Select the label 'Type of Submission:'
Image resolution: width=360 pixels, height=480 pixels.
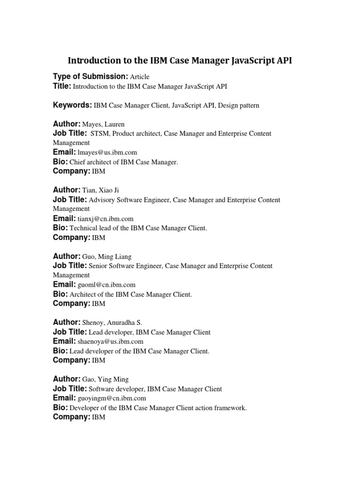(x=90, y=76)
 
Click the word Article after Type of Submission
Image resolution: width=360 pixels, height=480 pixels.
(x=140, y=77)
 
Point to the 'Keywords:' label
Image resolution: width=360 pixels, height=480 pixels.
(x=72, y=105)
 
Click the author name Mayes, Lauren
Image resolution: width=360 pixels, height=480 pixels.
(x=103, y=125)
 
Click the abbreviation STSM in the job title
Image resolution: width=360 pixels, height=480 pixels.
(x=99, y=134)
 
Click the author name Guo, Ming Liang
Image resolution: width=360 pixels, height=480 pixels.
(x=107, y=257)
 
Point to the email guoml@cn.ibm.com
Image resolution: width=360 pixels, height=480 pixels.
(x=106, y=285)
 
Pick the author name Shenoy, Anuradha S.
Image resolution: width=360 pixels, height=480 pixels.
(x=112, y=322)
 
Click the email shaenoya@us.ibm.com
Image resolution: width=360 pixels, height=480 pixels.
(x=110, y=342)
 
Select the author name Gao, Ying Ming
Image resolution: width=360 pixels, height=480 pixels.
(x=105, y=379)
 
